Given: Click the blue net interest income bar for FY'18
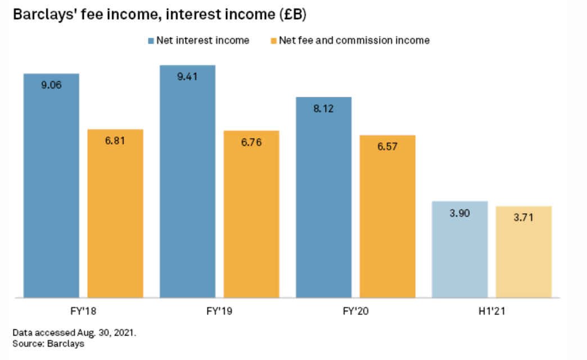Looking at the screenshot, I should tap(51, 191).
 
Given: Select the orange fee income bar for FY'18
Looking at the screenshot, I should tap(115, 219).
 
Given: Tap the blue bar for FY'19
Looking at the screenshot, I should tap(187, 186).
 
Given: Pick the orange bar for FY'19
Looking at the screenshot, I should tap(251, 219).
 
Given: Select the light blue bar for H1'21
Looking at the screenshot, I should tap(460, 253).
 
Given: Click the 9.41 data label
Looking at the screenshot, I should tap(188, 77).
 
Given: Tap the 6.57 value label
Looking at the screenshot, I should tap(387, 147).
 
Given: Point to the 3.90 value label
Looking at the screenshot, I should tap(460, 213).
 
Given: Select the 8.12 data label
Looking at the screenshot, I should tap(324, 109).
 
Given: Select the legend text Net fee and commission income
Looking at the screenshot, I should tap(354, 40).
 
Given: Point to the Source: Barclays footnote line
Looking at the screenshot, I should tap(48, 343).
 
